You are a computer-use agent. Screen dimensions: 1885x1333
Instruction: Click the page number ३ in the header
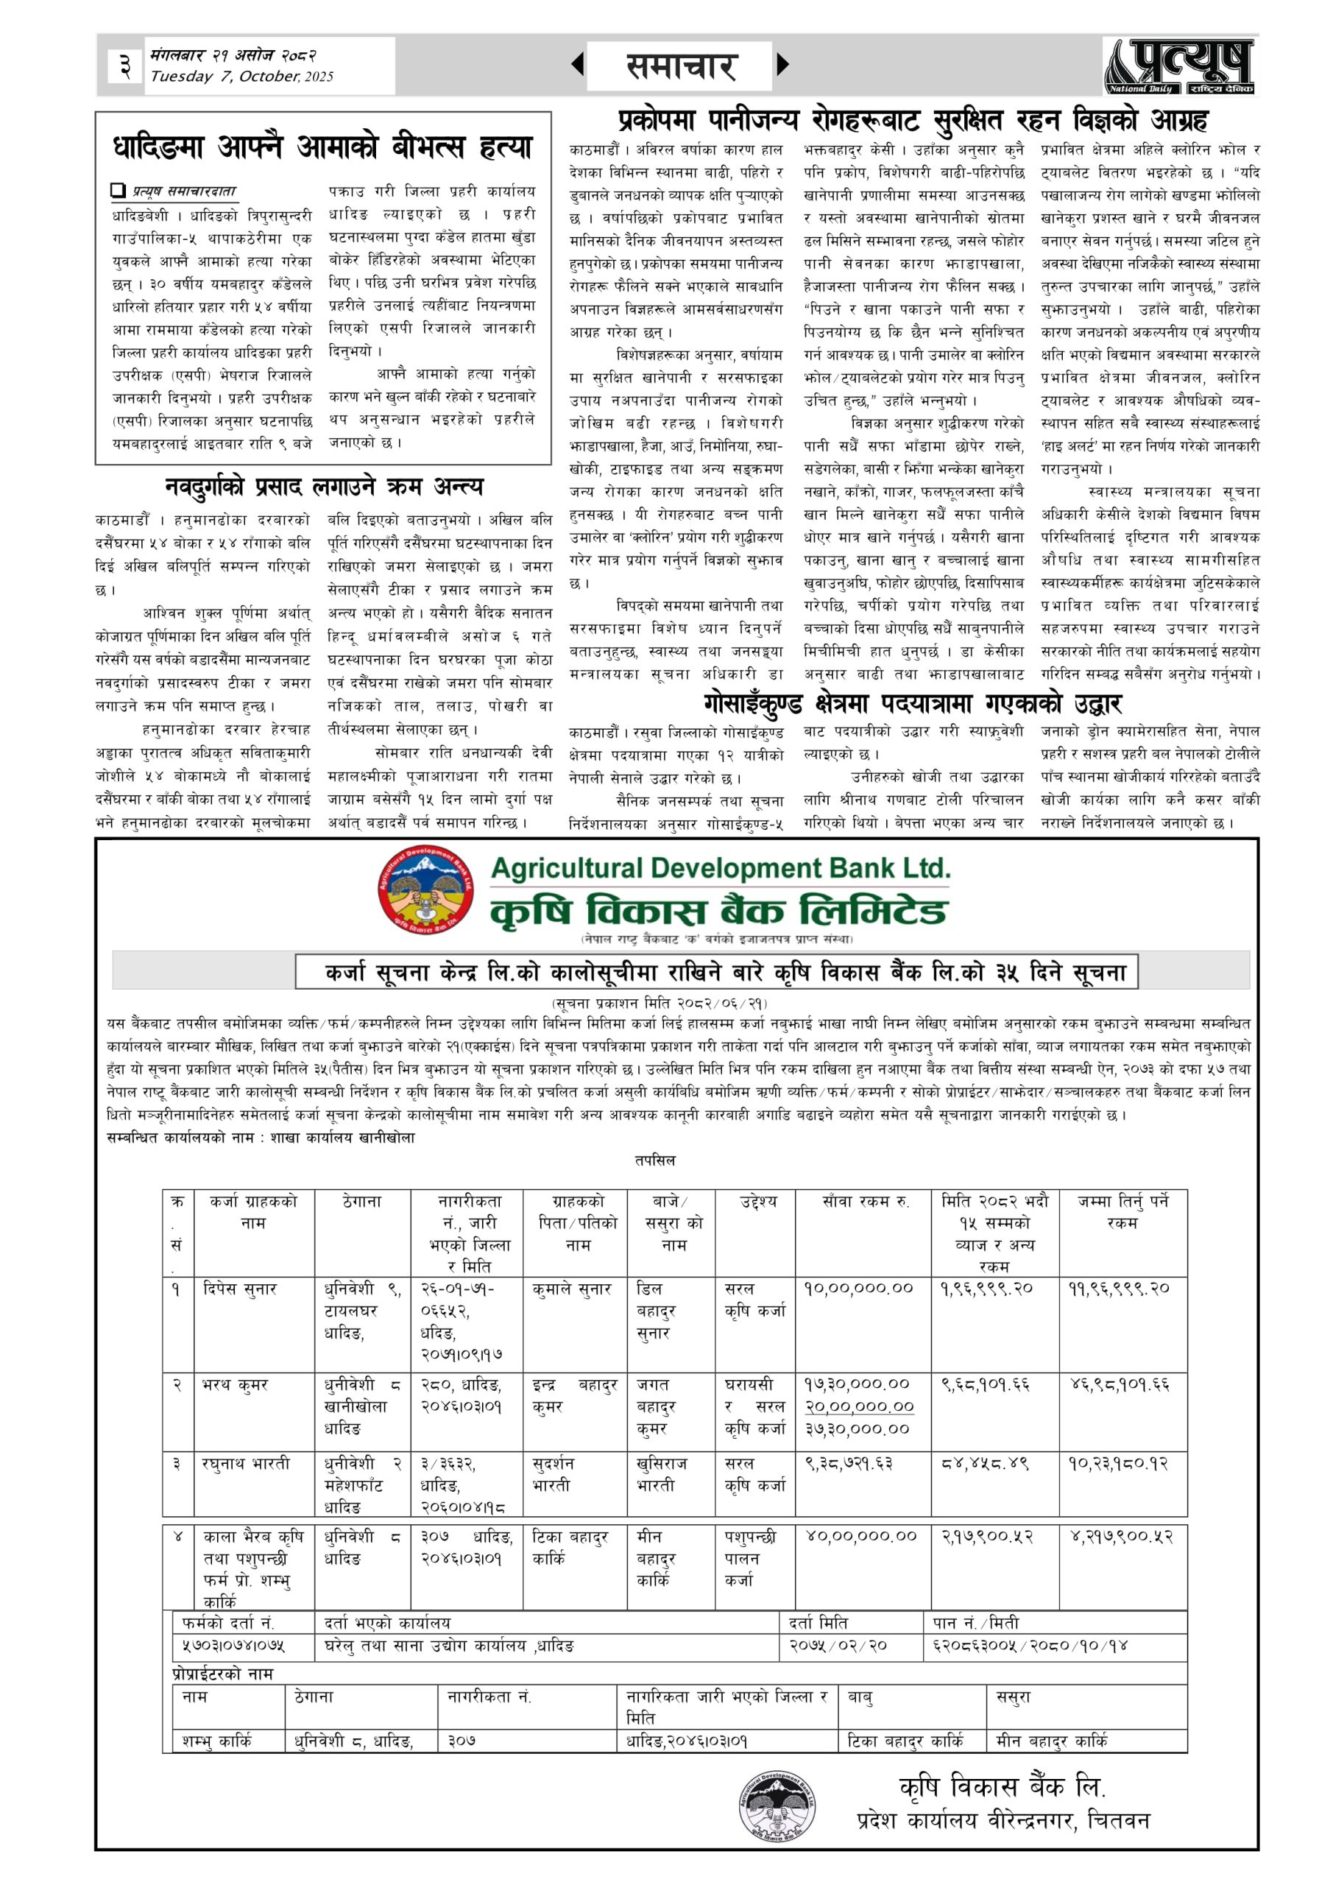pyautogui.click(x=125, y=66)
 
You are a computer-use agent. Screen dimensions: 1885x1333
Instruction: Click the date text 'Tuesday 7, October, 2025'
pyautogui.click(x=241, y=77)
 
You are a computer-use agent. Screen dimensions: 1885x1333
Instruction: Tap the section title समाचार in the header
pyautogui.click(x=679, y=66)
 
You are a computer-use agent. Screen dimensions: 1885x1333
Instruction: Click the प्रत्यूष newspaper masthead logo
pyautogui.click(x=1179, y=66)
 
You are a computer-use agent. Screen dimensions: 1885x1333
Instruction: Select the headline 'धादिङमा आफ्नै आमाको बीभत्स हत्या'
pyautogui.click(x=322, y=149)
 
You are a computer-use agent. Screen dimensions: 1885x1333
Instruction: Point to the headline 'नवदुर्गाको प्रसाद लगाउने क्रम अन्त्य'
pyautogui.click(x=323, y=487)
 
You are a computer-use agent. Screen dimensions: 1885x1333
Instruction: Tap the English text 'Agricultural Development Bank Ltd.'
pyautogui.click(x=720, y=869)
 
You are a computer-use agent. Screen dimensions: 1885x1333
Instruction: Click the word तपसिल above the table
pyautogui.click(x=654, y=1160)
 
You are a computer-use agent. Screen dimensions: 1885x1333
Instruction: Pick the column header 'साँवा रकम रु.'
pyautogui.click(x=864, y=1201)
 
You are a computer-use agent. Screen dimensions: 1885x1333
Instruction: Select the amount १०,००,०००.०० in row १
pyautogui.click(x=858, y=1289)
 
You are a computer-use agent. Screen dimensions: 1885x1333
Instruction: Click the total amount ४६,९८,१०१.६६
pyautogui.click(x=1120, y=1385)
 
